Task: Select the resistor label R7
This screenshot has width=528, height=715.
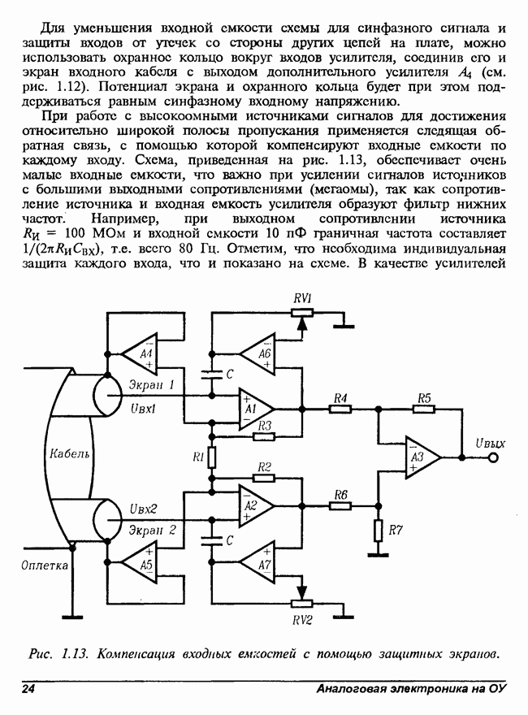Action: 396,531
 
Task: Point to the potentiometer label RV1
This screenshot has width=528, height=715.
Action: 303,298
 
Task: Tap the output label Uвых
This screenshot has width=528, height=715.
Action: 489,444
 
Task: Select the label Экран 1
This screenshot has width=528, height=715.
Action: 153,383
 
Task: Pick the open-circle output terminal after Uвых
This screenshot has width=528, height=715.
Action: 492,458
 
